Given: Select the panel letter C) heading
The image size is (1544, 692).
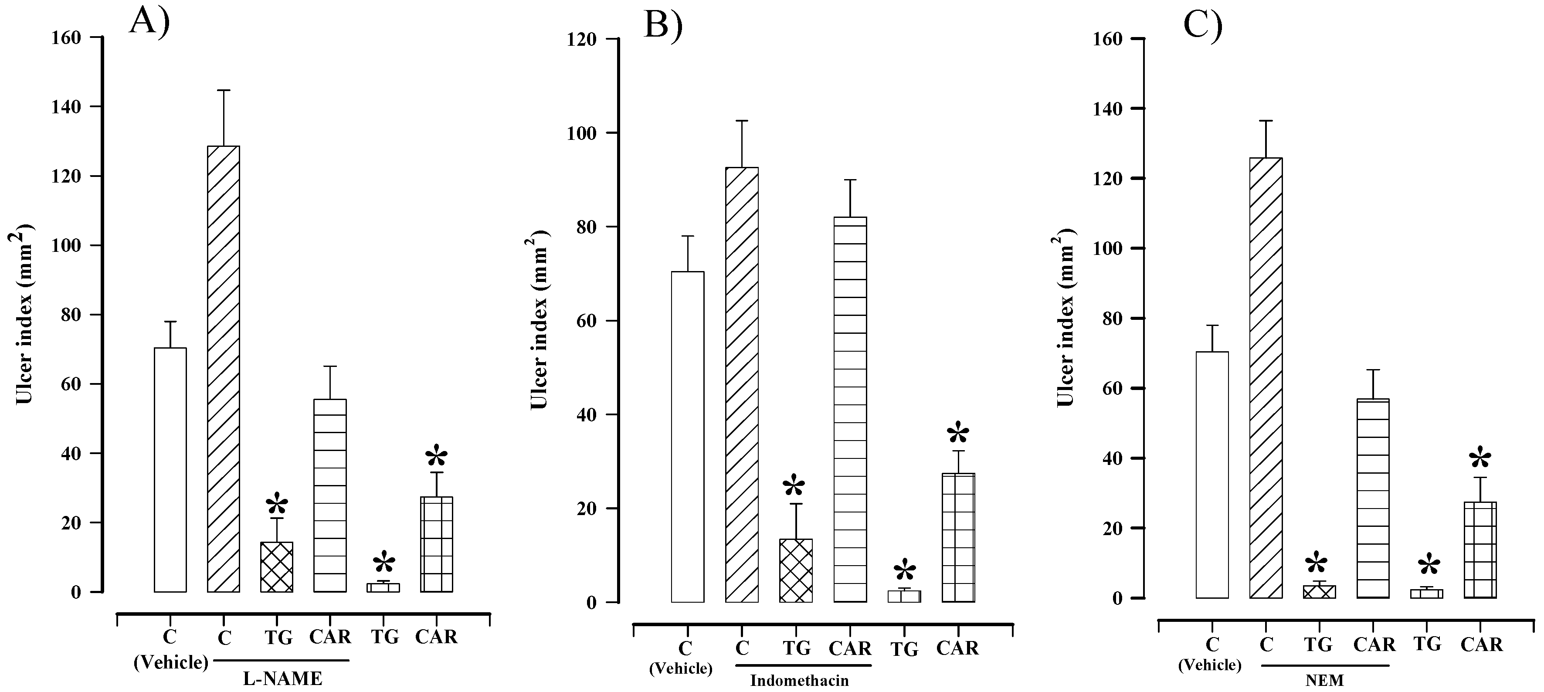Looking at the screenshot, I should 1203,26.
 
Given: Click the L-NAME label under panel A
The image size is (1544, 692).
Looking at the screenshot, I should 282,679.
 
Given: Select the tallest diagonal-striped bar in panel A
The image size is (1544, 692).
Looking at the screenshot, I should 224,369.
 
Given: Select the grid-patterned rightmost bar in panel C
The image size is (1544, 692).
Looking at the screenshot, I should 1480,550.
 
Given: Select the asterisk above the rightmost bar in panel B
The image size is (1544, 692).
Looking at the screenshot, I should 957,433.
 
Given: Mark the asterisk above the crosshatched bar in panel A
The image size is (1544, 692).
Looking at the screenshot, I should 277,505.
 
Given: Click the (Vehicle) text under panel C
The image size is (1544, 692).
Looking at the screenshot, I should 1210,665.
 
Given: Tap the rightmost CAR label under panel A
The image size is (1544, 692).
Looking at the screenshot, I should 436,636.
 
